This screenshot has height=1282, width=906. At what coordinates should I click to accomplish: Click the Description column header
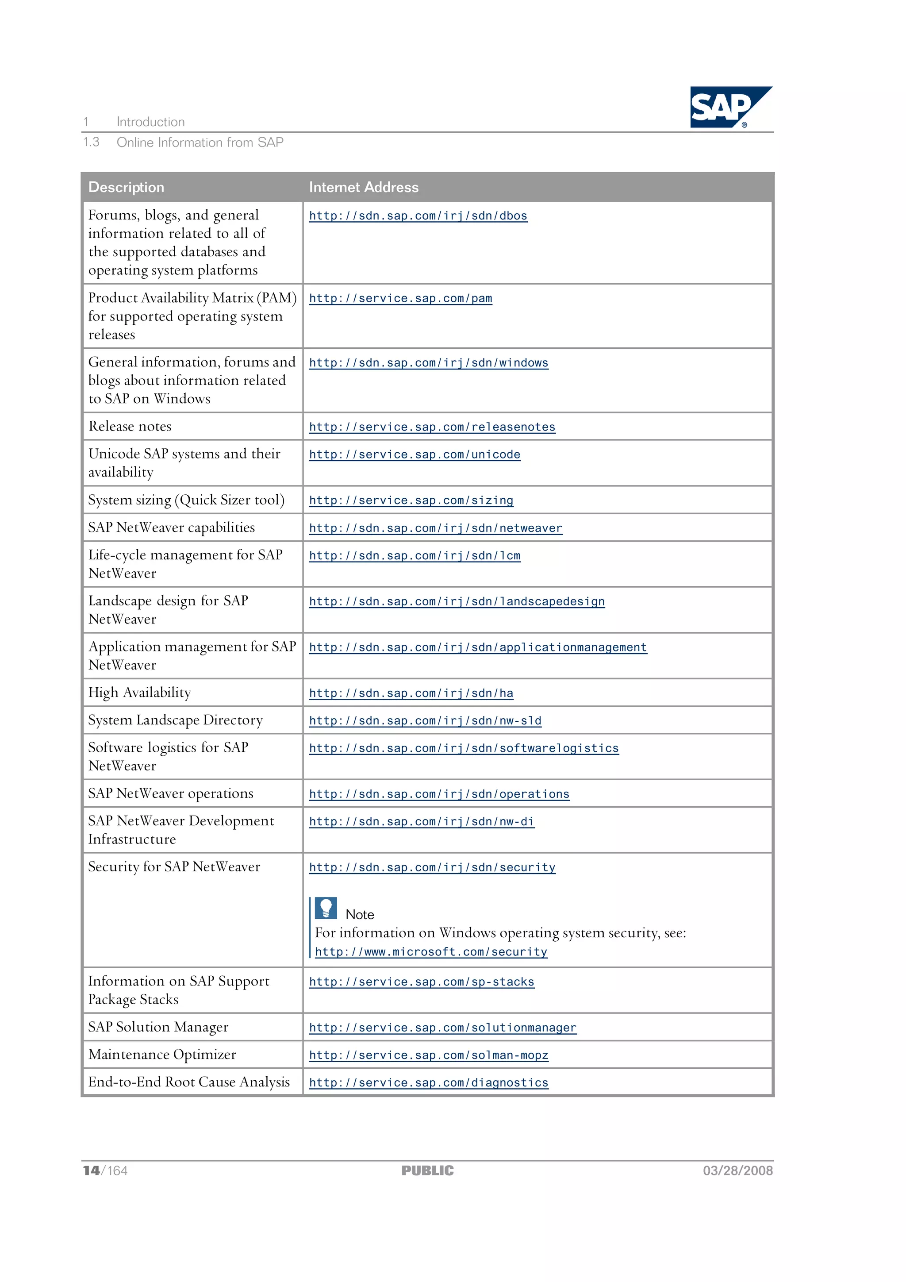[126, 187]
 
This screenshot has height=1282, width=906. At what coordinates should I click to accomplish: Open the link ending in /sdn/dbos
[418, 216]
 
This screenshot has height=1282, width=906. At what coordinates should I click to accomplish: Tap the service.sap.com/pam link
[400, 299]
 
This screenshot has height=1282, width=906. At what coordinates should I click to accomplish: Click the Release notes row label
[130, 427]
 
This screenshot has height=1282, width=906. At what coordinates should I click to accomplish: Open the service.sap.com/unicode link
[414, 455]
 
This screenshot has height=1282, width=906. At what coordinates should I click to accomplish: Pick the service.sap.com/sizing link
[411, 501]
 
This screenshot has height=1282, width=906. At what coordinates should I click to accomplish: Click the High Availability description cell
[139, 693]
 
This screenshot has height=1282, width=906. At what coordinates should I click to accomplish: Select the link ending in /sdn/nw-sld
[425, 721]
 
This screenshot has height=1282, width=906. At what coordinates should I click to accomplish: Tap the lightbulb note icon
[326, 908]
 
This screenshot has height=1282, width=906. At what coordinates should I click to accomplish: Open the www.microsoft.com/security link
[431, 952]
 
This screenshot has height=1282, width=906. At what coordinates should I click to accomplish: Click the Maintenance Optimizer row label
[162, 1055]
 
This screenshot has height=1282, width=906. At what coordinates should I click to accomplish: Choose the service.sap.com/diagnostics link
[428, 1083]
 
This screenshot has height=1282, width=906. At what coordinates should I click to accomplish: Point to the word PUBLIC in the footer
[428, 1171]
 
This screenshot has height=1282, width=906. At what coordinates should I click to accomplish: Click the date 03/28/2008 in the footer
[737, 1171]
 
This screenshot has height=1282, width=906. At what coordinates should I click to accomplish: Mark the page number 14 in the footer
[92, 1171]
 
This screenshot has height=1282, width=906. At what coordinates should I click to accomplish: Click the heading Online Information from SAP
[200, 142]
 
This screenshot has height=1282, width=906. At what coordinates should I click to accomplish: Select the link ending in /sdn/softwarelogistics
[463, 749]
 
